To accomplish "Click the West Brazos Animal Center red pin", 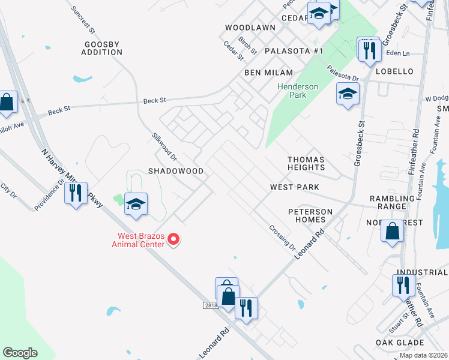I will tap(173, 240).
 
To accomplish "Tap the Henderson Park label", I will tap(298, 91).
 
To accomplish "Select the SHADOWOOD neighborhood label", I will tap(176, 171).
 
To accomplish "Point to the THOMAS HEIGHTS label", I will tap(306, 163).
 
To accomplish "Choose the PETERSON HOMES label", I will tap(310, 215).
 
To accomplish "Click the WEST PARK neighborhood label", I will tap(294, 187).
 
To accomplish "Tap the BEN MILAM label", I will tap(268, 72).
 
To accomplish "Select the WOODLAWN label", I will tap(250, 28).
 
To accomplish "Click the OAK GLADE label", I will tap(400, 343).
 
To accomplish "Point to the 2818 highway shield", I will tap(209, 305).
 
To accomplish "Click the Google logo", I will tap(20, 353).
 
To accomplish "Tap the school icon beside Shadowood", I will tap(136, 204).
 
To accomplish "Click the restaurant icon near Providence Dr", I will tap(76, 194).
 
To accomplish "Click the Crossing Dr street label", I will tap(282, 238).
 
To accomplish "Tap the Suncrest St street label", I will tap(83, 20).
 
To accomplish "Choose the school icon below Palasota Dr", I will tap(348, 94).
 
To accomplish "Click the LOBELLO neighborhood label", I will tap(394, 71).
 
